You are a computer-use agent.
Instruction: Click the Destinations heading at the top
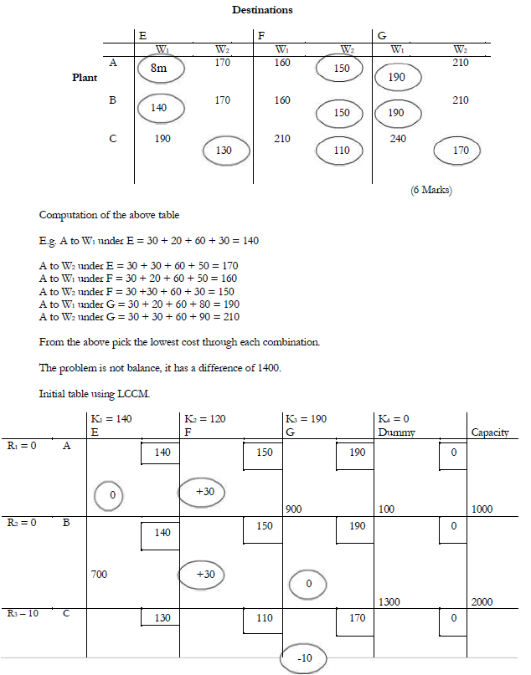tap(265, 10)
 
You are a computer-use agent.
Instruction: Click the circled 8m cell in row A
tap(159, 70)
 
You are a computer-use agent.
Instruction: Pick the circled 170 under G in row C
tap(460, 151)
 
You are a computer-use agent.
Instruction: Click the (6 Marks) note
tap(430, 190)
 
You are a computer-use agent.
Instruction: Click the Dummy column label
tap(397, 432)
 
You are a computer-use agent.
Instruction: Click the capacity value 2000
tap(482, 601)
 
